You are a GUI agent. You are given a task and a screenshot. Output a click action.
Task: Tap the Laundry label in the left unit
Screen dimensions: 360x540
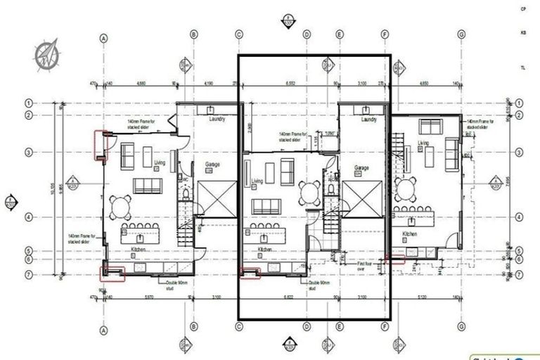click(x=217, y=120)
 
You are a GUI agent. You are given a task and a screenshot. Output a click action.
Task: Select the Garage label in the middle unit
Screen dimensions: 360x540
click(x=361, y=169)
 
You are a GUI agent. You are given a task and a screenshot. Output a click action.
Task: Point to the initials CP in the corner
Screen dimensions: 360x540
click(x=522, y=9)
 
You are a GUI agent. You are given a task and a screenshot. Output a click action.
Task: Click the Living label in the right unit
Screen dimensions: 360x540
click(x=423, y=143)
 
